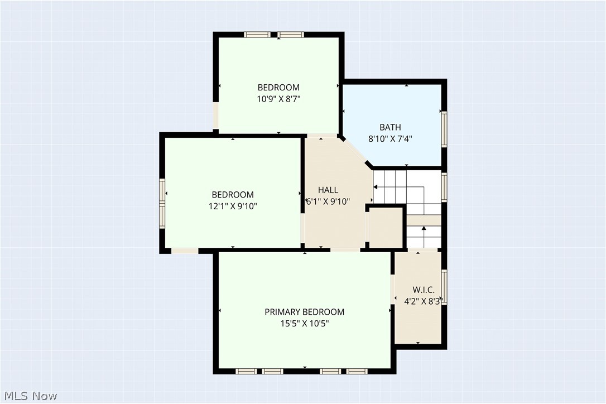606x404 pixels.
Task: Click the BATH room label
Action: pos(390,127)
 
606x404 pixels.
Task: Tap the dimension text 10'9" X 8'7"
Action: pos(278,99)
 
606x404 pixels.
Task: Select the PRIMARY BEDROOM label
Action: pos(305,312)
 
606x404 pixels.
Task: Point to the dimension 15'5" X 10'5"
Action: pos(305,324)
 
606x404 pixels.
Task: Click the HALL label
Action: pos(328,190)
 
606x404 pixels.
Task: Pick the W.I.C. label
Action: pos(424,290)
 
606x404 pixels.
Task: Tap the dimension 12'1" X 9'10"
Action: pos(233,206)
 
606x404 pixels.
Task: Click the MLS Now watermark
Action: pos(31,396)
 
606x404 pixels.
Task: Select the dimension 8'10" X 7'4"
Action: pos(390,139)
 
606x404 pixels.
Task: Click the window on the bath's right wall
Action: pos(444,129)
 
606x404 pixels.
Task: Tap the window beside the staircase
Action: pos(444,187)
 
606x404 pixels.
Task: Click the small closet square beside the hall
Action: pos(386,228)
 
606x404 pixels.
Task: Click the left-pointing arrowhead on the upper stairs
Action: pos(376,187)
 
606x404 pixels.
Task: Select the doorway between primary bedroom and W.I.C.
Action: pos(392,289)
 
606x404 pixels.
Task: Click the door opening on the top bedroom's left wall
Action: pos(215,116)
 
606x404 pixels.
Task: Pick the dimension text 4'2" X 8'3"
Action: pos(422,301)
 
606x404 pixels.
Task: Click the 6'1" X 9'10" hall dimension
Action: pos(328,201)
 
